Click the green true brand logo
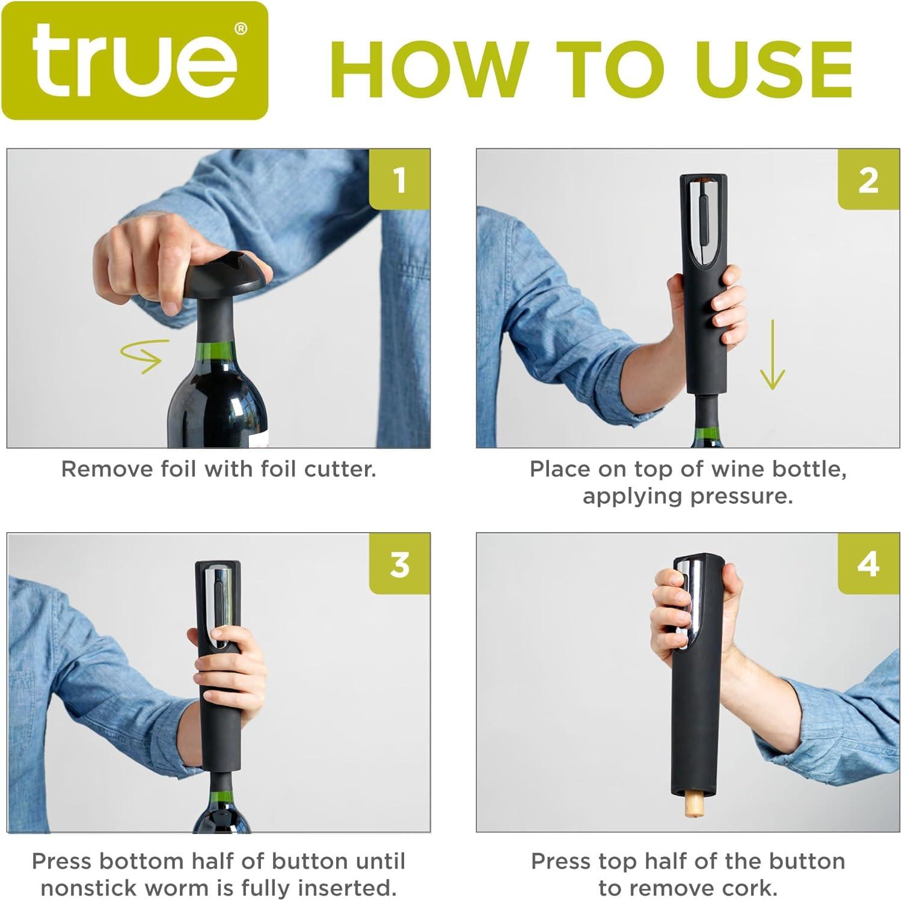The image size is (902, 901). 135,61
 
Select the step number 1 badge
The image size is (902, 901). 400,179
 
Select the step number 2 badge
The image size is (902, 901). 868,179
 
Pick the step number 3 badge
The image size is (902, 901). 400,564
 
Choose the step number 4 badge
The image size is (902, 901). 868,564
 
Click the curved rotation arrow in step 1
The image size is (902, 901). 142,355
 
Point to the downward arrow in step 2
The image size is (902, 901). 772,355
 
